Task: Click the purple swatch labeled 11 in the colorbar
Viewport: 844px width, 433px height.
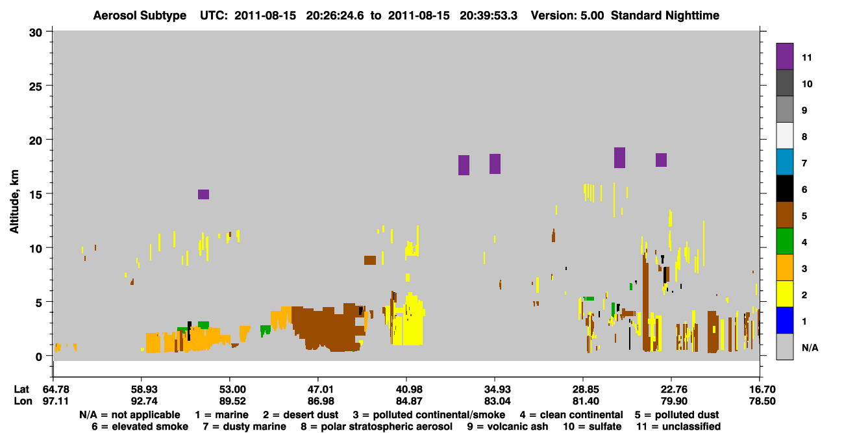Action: click(x=784, y=56)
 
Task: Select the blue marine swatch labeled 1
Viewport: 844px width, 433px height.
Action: click(x=784, y=320)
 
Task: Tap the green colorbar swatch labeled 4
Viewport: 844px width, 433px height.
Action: click(x=784, y=241)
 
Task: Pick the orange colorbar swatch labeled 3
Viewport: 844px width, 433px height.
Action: click(x=784, y=267)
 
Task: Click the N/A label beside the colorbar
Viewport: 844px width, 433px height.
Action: click(x=810, y=347)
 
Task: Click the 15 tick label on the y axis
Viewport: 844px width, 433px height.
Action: click(x=36, y=195)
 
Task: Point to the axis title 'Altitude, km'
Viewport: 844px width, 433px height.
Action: click(x=14, y=202)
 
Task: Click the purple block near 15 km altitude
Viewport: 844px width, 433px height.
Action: click(x=203, y=195)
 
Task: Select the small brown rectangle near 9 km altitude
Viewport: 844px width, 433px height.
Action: click(x=370, y=260)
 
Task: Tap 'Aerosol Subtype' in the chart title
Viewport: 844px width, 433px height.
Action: click(x=140, y=16)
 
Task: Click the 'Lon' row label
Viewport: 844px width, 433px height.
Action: click(x=23, y=401)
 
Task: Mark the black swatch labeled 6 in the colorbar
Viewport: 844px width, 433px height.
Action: click(x=784, y=188)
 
